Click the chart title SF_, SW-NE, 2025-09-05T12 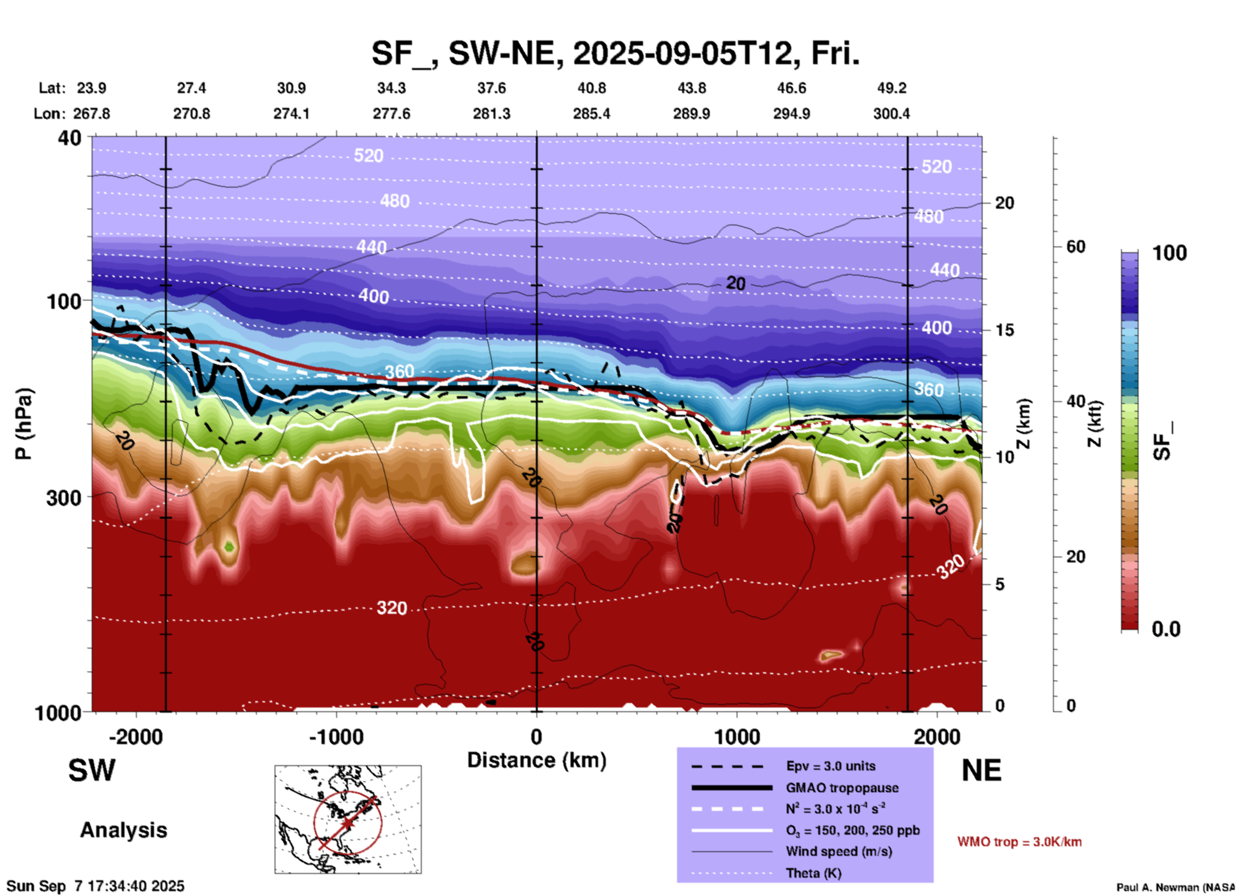615,53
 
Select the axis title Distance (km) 536,760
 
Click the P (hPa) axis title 24,424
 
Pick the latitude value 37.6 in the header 492,88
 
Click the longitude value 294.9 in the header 791,114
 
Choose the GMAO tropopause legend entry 842,788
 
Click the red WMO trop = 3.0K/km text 1019,842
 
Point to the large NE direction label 981,770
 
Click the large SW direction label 92,770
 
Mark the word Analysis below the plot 123,830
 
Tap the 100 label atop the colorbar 1169,253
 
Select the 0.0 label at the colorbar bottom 1166,629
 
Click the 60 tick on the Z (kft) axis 1075,247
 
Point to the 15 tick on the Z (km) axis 1004,330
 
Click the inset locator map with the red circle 348,819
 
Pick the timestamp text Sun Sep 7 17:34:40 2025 96,886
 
